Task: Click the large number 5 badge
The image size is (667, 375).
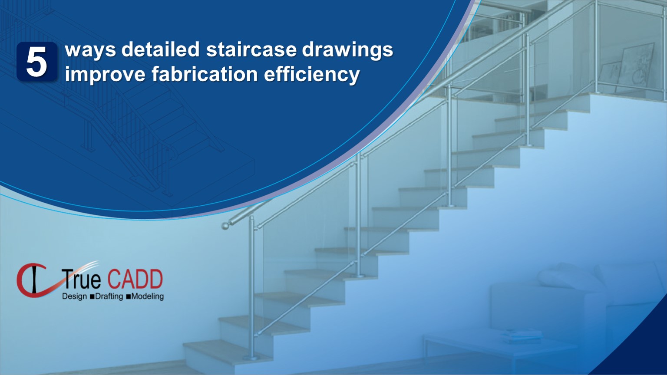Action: point(37,62)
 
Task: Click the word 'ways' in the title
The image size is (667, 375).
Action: point(90,50)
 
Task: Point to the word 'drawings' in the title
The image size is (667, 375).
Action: point(347,50)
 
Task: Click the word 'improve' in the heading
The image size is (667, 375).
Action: point(105,75)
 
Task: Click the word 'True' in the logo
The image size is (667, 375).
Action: point(82,280)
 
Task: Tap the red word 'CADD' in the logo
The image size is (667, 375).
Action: point(135,280)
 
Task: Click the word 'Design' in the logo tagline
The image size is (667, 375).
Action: point(74,297)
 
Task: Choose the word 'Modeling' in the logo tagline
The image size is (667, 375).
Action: point(147,297)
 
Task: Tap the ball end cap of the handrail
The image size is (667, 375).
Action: point(225,226)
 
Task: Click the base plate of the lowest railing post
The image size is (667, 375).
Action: point(251,358)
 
